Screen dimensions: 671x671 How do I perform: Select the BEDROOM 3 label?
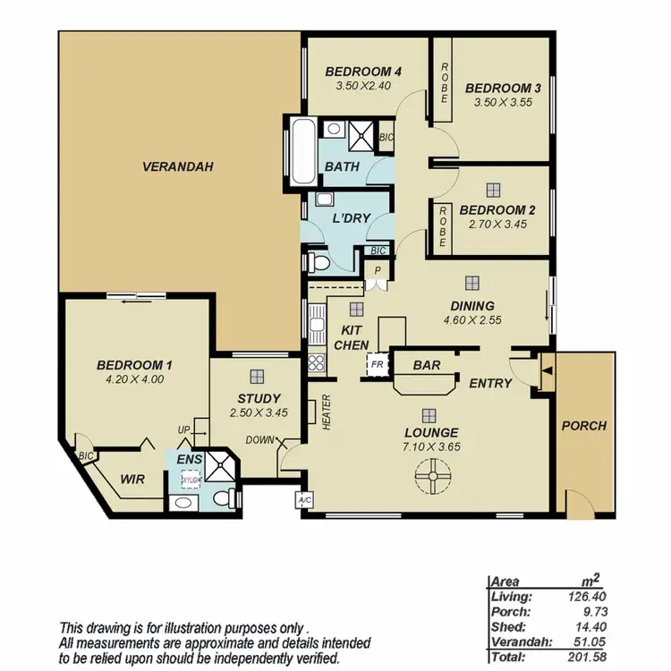(x=503, y=88)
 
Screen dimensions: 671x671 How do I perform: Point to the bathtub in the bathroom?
(x=300, y=149)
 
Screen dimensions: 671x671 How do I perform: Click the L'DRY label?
(x=346, y=219)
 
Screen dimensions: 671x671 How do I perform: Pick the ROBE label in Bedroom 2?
(x=443, y=225)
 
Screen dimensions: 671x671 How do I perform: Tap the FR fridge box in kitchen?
(x=377, y=365)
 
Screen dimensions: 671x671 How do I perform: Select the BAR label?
(x=426, y=365)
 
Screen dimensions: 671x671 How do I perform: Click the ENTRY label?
(x=490, y=383)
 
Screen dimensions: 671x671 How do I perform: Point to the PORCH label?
(x=583, y=426)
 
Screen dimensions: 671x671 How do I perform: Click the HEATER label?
(x=327, y=413)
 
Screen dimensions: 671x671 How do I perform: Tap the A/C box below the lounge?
(x=303, y=500)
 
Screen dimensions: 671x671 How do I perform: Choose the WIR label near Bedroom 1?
(x=132, y=479)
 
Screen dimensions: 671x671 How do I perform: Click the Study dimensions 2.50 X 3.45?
(x=259, y=413)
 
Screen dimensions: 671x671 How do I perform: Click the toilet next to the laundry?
(x=315, y=260)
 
